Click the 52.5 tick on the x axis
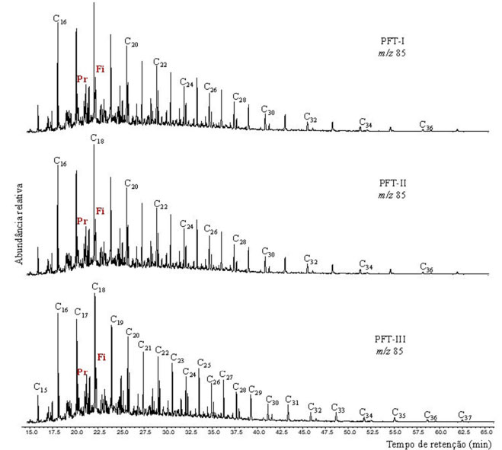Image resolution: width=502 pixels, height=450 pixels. coord(371,431)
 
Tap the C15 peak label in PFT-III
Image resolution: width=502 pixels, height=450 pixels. coord(41,388)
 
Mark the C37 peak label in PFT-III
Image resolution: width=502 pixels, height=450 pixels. coord(465,416)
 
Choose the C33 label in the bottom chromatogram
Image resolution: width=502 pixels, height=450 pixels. coord(338,410)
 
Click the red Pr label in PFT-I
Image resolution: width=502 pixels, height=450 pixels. coord(82,78)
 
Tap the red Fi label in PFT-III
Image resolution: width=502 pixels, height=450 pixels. coord(101,357)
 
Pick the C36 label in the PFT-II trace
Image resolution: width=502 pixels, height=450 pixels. coord(427,269)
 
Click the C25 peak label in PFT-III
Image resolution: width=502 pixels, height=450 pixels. coord(204,363)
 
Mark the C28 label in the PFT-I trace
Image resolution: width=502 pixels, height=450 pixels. coord(240,100)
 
